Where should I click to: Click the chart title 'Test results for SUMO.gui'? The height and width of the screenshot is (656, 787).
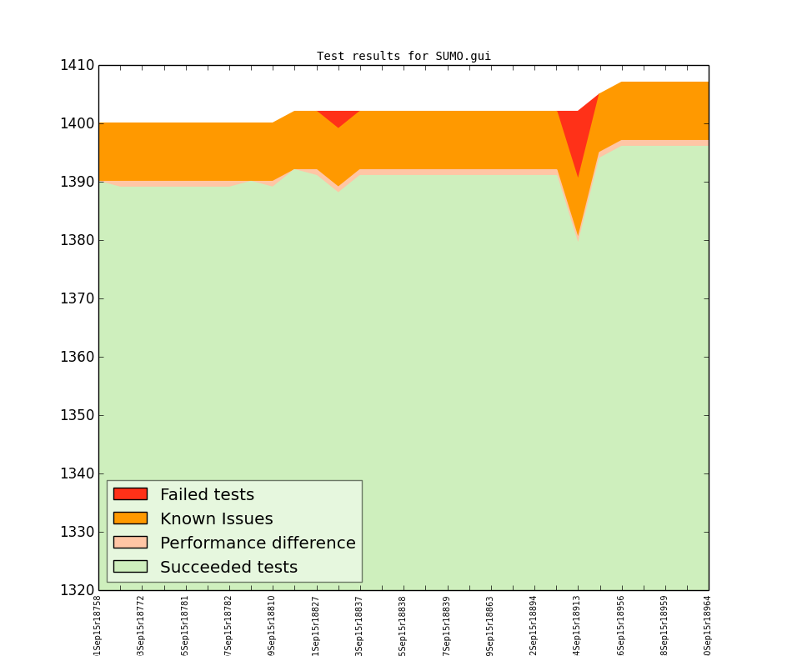pyautogui.click(x=404, y=57)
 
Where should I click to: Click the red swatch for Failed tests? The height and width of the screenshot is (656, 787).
pyautogui.click(x=130, y=494)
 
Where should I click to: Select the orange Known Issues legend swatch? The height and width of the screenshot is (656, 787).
pyautogui.click(x=130, y=518)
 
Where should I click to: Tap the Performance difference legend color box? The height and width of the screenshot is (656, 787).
pyautogui.click(x=130, y=543)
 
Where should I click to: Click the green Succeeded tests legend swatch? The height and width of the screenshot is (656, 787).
pyautogui.click(x=130, y=567)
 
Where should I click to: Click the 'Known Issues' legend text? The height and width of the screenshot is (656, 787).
pyautogui.click(x=216, y=519)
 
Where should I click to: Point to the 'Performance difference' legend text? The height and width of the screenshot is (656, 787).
pyautogui.click(x=258, y=543)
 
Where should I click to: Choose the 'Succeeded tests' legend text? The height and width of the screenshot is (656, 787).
pyautogui.click(x=228, y=568)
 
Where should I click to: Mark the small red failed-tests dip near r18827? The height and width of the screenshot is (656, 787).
pyautogui.click(x=338, y=117)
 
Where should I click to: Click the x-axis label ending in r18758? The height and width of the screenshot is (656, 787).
pyautogui.click(x=98, y=624)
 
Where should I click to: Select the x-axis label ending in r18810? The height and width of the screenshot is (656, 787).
pyautogui.click(x=272, y=624)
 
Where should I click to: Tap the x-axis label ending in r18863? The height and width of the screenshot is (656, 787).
pyautogui.click(x=490, y=624)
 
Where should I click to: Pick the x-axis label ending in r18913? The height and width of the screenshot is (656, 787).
pyautogui.click(x=577, y=624)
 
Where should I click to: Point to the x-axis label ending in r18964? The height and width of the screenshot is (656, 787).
pyautogui.click(x=708, y=624)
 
